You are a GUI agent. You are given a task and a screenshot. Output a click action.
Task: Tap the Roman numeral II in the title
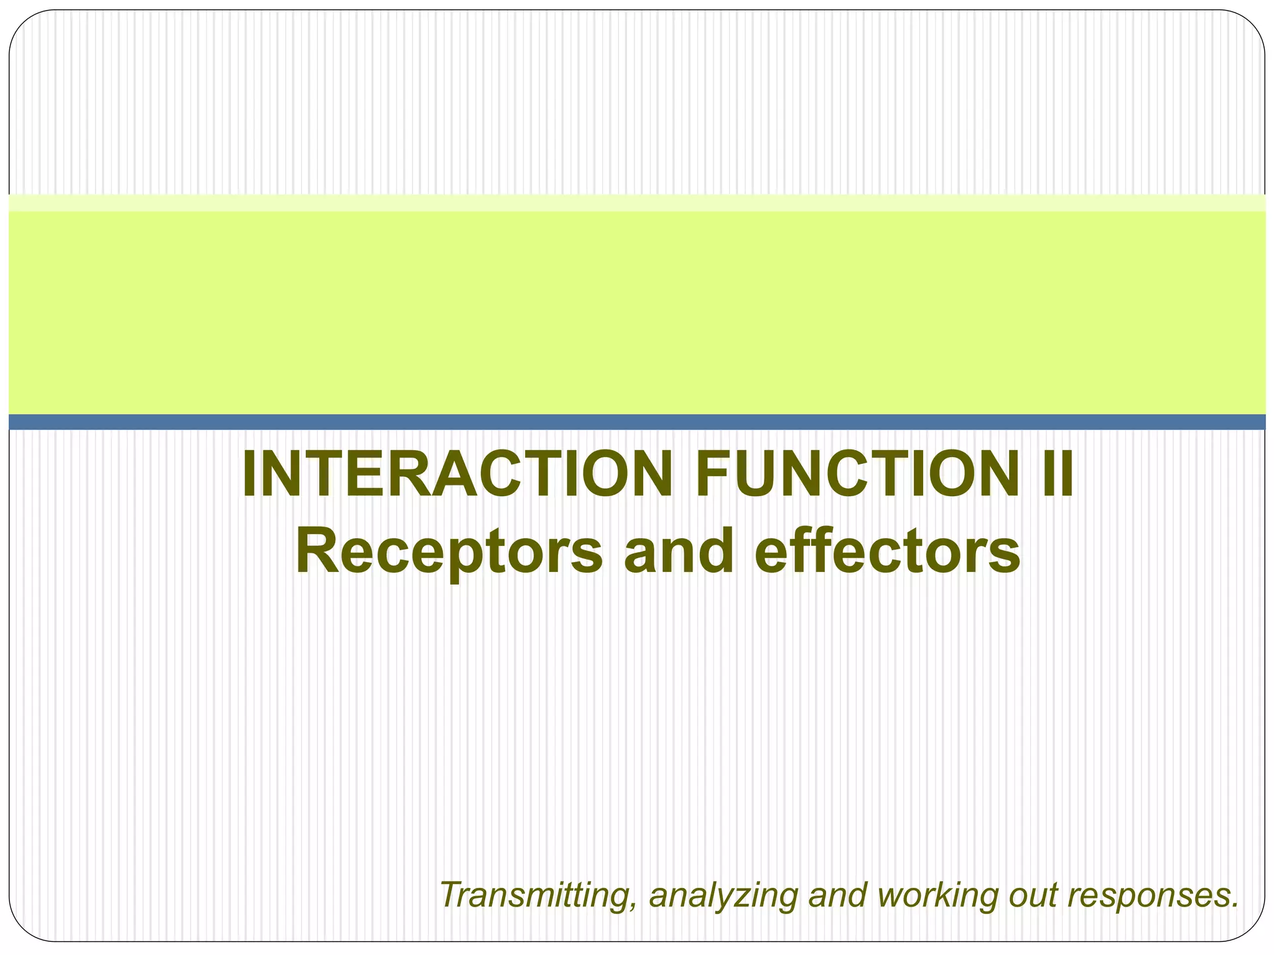1058,475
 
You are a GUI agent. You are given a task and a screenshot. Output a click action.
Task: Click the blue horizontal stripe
637,422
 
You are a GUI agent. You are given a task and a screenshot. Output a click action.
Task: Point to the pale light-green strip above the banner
637,203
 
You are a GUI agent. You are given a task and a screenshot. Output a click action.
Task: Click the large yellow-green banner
637,311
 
